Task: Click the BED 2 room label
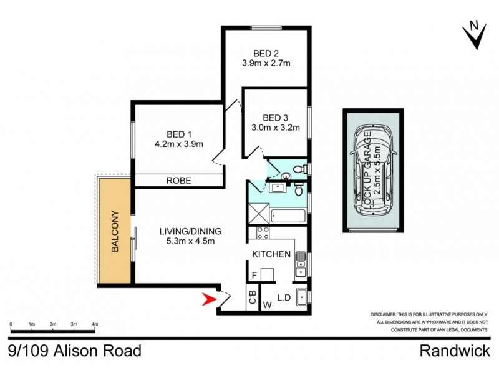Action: coord(266,52)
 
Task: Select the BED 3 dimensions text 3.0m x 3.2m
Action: coord(274,128)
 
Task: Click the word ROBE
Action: coord(178,181)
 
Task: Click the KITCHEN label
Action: coord(271,254)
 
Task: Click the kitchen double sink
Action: coord(301,263)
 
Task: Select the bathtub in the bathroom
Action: coord(288,216)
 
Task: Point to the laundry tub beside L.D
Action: coord(301,297)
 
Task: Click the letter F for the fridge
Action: coord(254,275)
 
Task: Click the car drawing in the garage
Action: coord(374,169)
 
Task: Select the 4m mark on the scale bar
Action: coord(95,324)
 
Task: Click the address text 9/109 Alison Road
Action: coord(75,351)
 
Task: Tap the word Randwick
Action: coord(454,351)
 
